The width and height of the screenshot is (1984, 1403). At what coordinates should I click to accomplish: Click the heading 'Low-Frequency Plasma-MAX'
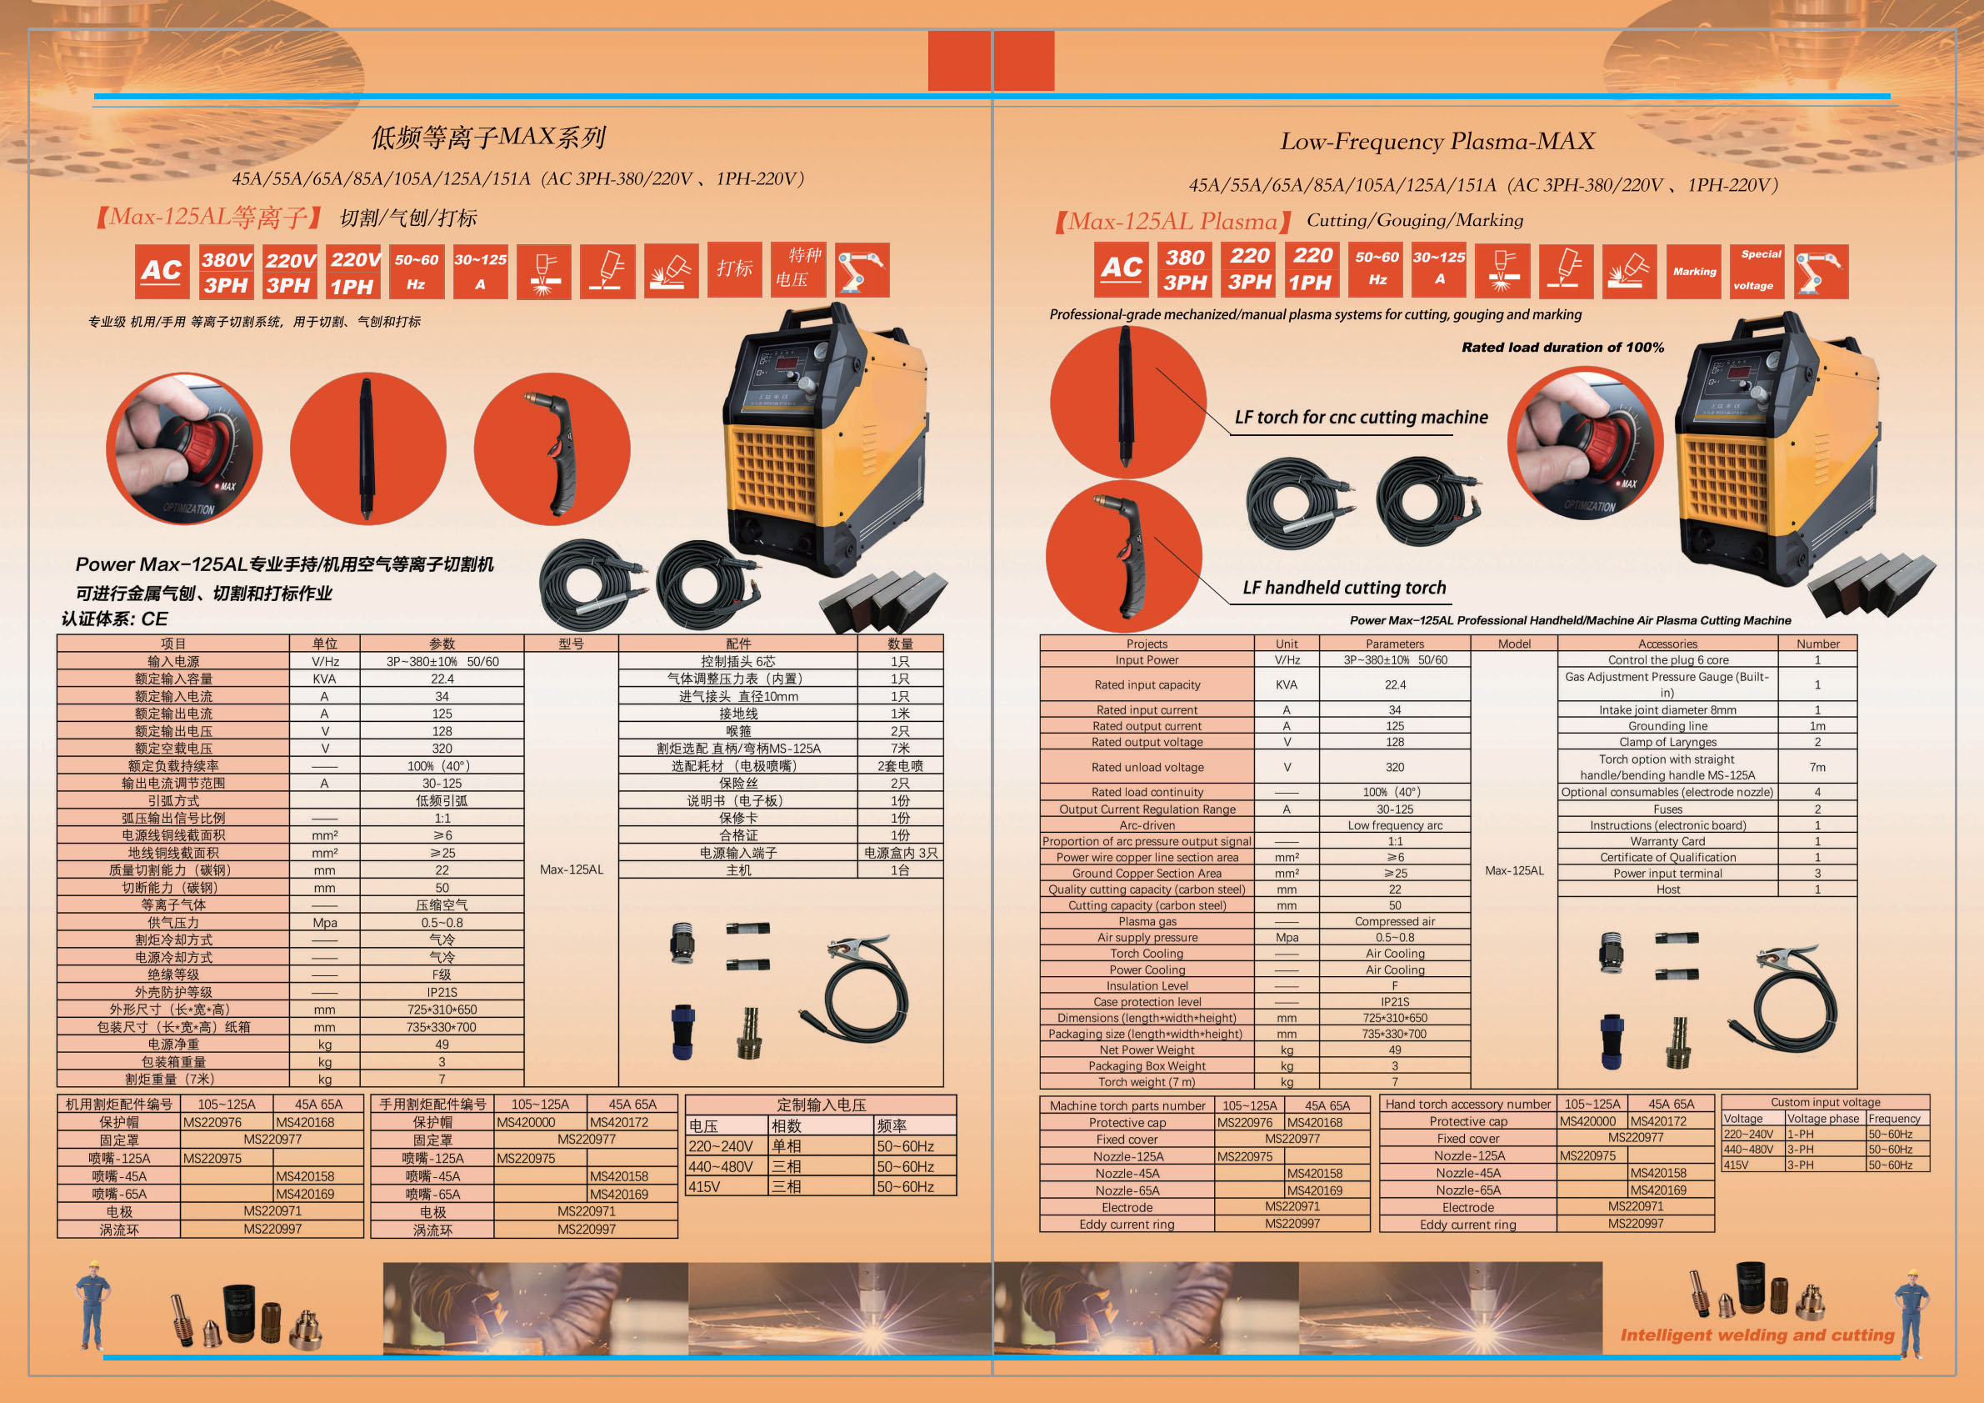(1437, 141)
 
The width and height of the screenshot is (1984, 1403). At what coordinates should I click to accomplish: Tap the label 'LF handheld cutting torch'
(1344, 588)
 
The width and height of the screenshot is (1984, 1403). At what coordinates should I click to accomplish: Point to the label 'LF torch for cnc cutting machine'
(1361, 418)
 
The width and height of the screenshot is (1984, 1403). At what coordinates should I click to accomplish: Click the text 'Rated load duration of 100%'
(1562, 348)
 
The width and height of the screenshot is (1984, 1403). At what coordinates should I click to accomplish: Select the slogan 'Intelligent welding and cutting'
(1757, 1335)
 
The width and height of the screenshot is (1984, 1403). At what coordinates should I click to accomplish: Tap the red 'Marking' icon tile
(1694, 272)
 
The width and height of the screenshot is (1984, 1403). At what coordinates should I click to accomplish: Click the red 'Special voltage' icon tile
(1757, 271)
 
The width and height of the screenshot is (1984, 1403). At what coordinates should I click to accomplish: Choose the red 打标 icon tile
(734, 268)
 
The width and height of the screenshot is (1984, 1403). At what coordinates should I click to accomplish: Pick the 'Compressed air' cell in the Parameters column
(1395, 921)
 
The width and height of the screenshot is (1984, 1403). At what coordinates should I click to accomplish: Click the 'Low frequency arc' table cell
(1395, 824)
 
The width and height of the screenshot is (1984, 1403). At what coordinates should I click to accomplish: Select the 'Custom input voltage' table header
(1825, 1102)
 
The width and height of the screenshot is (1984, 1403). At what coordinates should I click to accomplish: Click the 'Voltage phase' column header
(1823, 1119)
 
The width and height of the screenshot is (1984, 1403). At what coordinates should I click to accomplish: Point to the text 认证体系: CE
(114, 619)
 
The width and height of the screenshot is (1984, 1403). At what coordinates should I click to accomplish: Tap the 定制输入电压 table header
(821, 1105)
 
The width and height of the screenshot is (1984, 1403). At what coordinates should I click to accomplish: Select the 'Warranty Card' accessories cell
(1667, 841)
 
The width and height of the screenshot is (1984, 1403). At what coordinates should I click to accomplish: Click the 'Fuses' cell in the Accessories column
(1667, 809)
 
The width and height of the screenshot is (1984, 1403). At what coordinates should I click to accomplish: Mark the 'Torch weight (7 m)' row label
(1147, 1081)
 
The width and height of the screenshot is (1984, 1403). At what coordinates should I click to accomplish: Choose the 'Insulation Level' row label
(1147, 985)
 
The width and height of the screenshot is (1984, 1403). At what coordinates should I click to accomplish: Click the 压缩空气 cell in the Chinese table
(442, 905)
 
